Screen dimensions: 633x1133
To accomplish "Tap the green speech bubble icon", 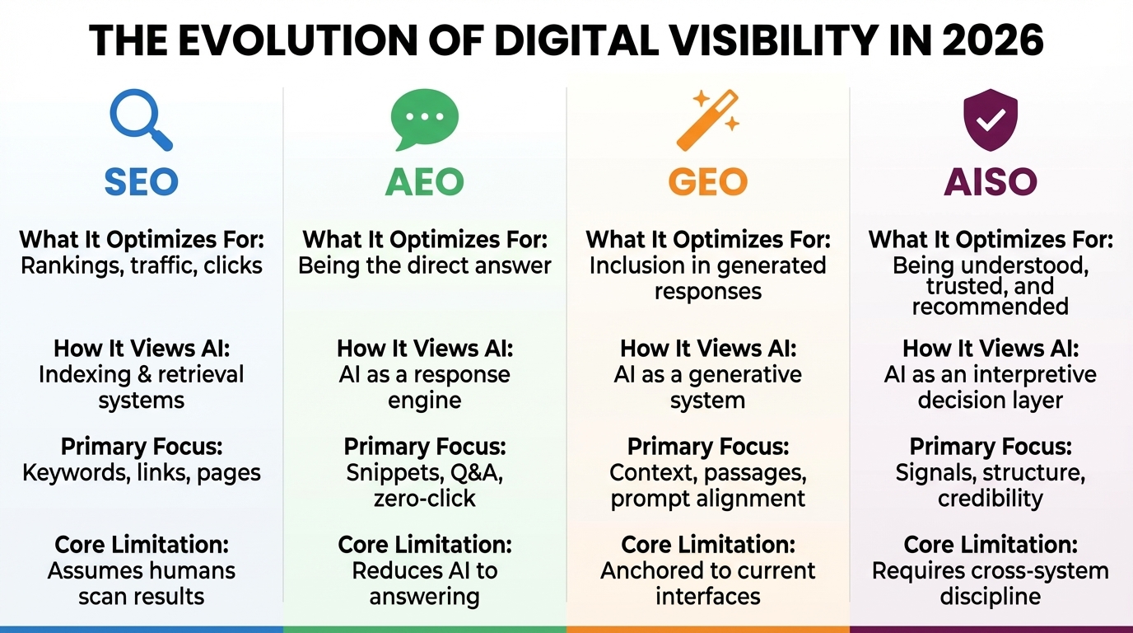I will (x=424, y=120).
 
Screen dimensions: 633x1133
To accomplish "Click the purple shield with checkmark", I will (x=991, y=120).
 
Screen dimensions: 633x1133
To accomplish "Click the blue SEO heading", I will (x=142, y=182).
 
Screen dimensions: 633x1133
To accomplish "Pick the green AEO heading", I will (x=425, y=182).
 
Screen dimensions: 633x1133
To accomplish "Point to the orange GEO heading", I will (x=708, y=182).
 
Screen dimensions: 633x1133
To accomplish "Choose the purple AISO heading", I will (x=991, y=182).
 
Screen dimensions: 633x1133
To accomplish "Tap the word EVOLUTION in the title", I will (x=271, y=41).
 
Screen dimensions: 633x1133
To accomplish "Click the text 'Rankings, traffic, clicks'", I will (x=142, y=265).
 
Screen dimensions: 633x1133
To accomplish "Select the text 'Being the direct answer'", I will (x=425, y=265).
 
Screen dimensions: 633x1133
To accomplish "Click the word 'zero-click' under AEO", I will (x=425, y=499).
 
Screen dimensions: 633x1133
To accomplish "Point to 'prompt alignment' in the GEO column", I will (x=708, y=499).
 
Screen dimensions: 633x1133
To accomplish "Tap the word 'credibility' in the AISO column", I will (x=991, y=499).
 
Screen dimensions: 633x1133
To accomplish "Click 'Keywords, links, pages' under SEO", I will (x=142, y=473).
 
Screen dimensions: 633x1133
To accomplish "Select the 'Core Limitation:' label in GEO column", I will (x=708, y=545).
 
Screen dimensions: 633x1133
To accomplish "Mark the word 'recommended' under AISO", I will (x=991, y=307).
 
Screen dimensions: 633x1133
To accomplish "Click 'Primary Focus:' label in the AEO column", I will (x=425, y=447).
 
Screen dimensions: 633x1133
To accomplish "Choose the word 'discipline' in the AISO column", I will (x=991, y=596).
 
